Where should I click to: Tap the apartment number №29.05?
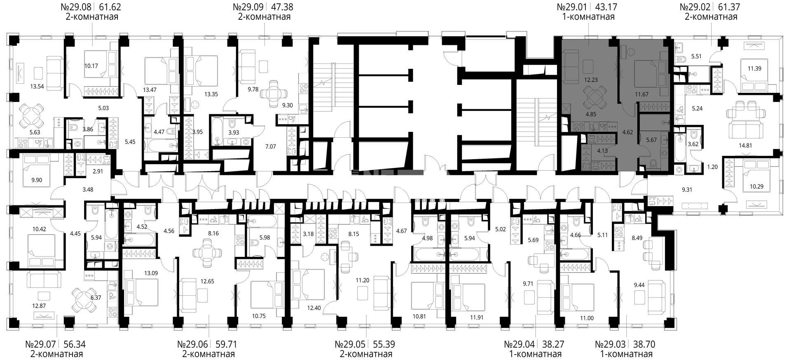pos(350,344)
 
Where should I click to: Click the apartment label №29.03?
pos(610,344)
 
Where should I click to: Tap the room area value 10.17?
pos(91,65)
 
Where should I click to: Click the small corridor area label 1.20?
pos(712,167)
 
